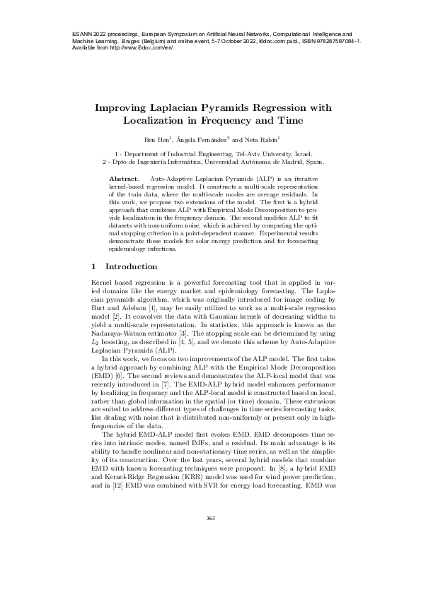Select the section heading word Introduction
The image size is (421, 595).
[x=131, y=267]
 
